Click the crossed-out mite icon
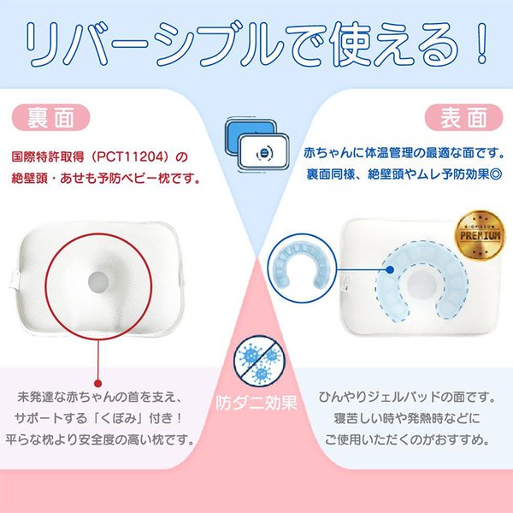click(256, 362)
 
